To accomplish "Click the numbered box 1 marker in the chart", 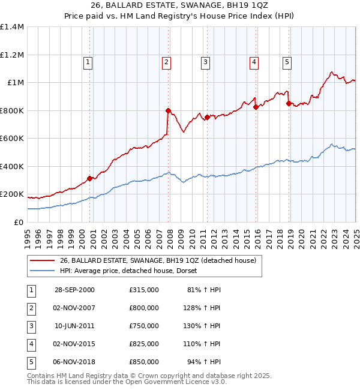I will click(88, 61).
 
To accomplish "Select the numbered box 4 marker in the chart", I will click(254, 61).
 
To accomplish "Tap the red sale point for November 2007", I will click(168, 110).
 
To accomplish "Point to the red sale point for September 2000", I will click(89, 178).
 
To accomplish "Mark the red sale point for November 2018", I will click(289, 103).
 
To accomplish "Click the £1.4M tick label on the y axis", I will click(12, 27).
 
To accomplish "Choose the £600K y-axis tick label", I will click(12, 139).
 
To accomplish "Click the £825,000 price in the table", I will click(144, 344).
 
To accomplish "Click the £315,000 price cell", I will click(144, 290).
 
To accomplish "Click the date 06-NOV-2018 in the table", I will click(74, 362).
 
